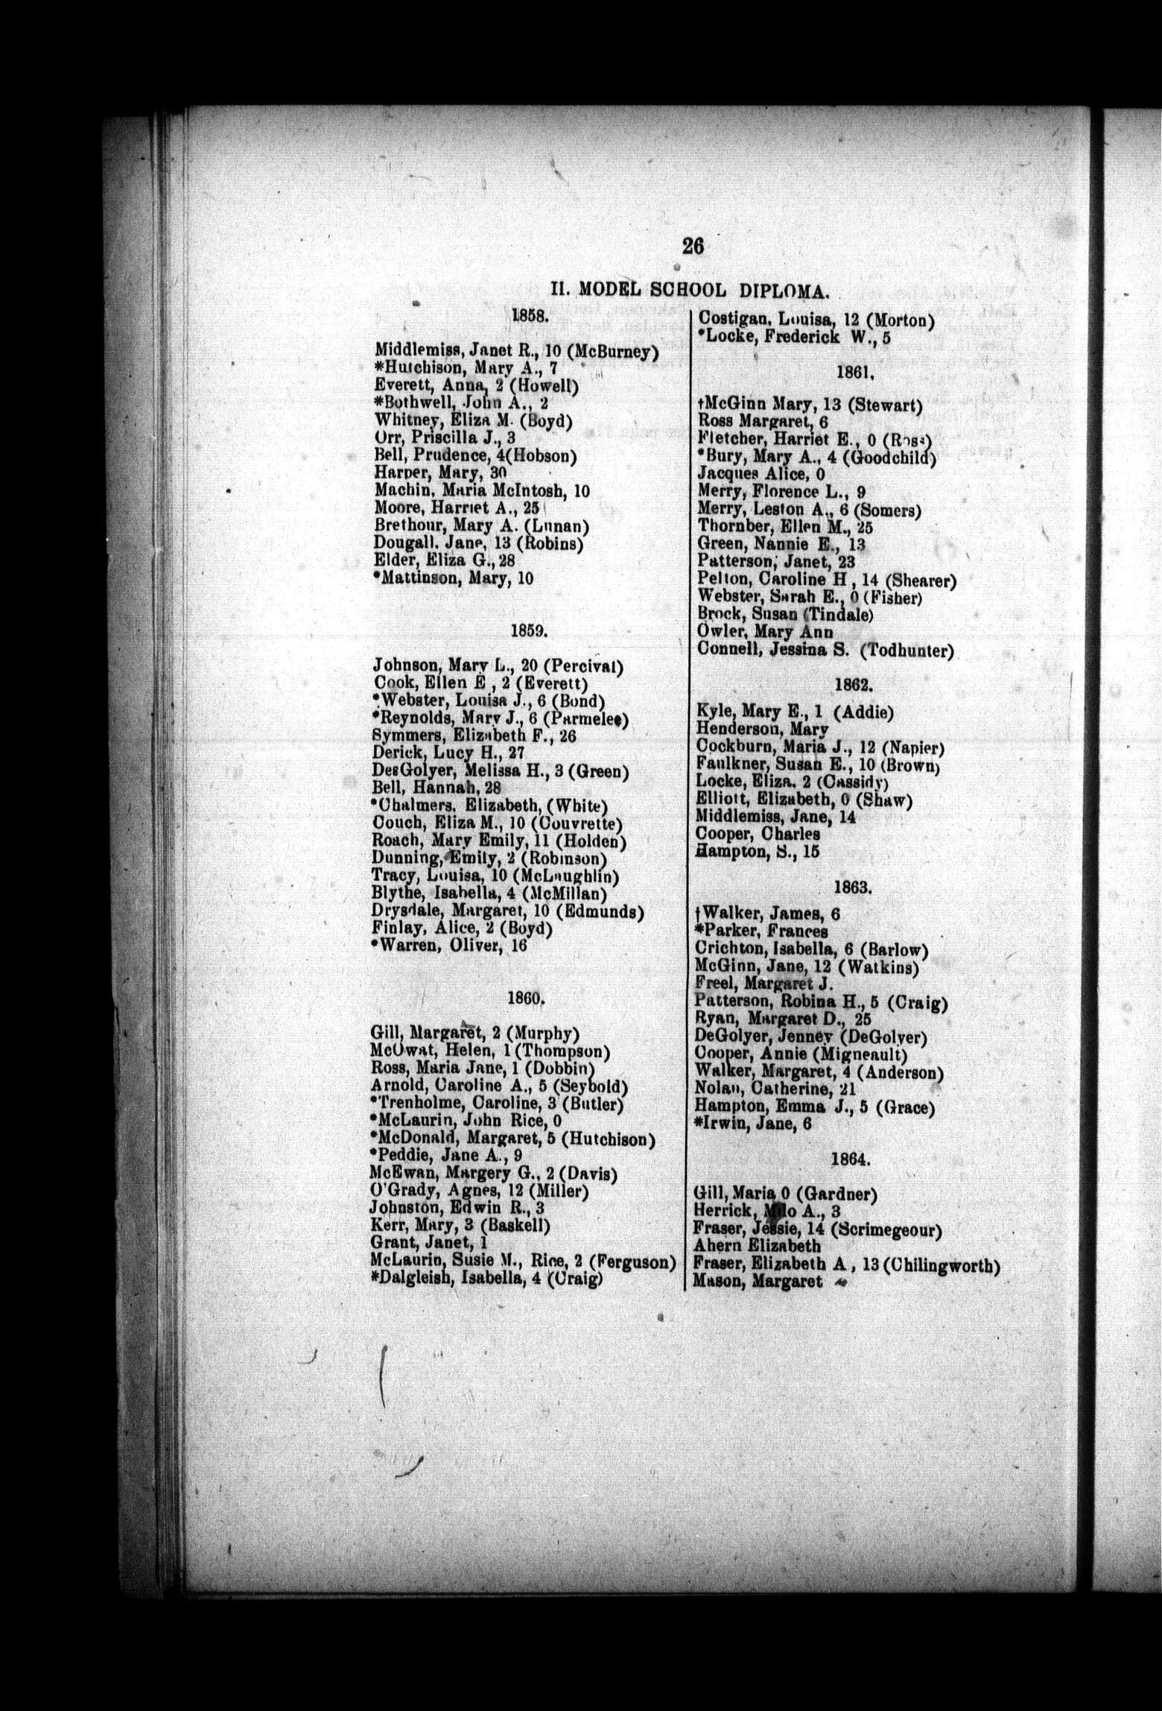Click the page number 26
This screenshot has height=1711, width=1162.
click(x=693, y=245)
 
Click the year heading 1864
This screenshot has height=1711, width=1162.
click(x=851, y=1160)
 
